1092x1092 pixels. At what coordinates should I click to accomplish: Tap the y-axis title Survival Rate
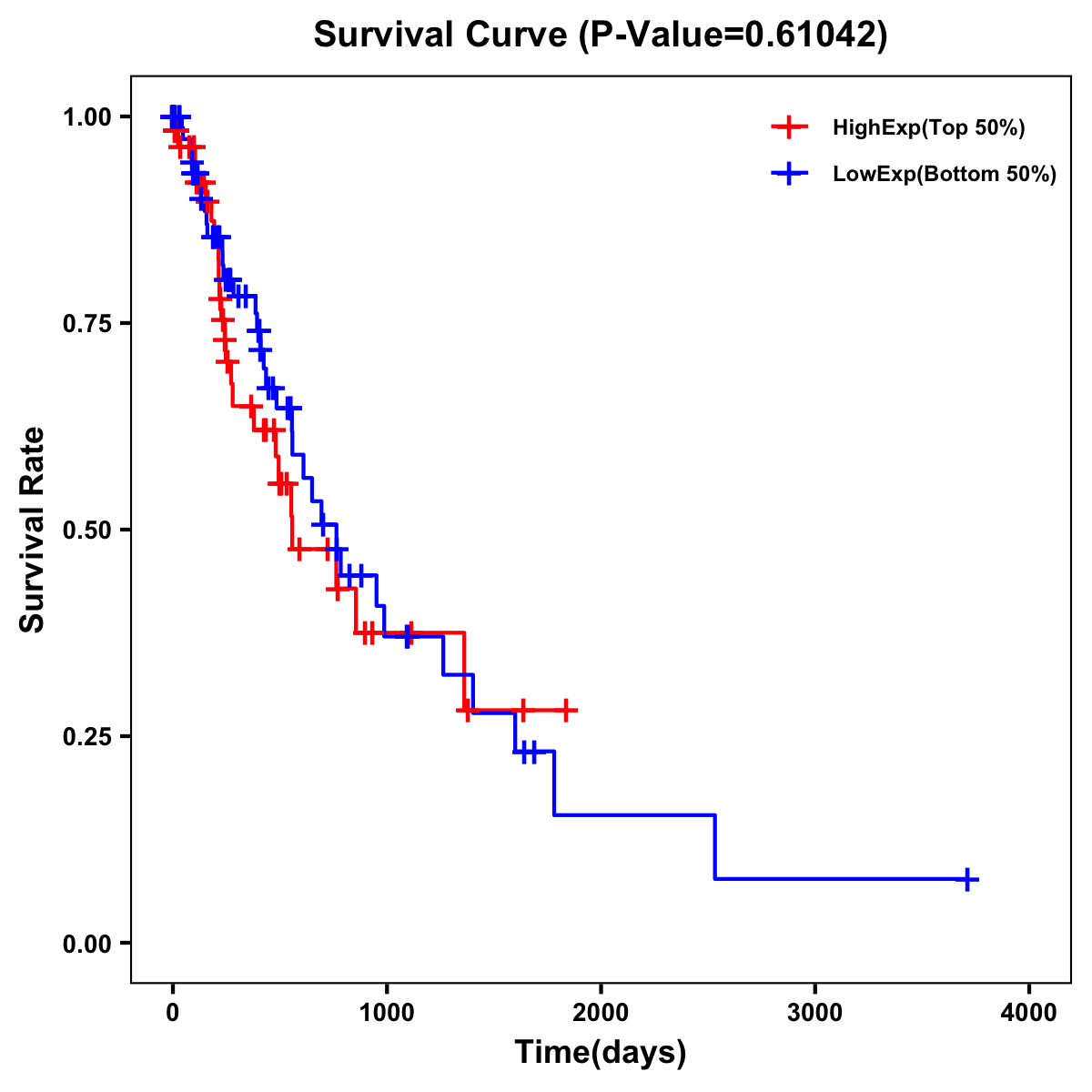pyautogui.click(x=33, y=529)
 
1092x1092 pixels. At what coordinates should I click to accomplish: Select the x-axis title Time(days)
pyautogui.click(x=601, y=1053)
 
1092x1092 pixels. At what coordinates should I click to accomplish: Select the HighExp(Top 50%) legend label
pyautogui.click(x=929, y=128)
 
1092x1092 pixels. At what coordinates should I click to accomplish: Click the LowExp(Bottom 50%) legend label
pyautogui.click(x=945, y=175)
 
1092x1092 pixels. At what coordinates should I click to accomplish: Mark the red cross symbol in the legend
pyautogui.click(x=789, y=127)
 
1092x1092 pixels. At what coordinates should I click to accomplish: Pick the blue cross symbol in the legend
pyautogui.click(x=789, y=174)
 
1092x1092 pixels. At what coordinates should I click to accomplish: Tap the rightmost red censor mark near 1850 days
pyautogui.click(x=566, y=710)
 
